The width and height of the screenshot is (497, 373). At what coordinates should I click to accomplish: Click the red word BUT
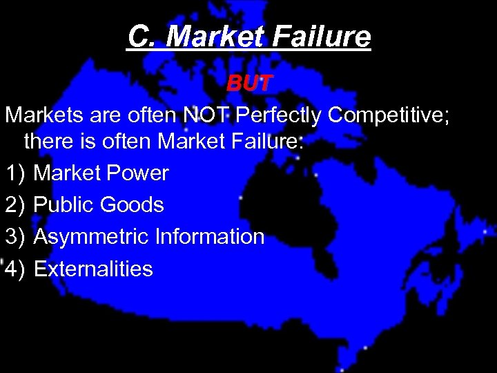tap(251, 84)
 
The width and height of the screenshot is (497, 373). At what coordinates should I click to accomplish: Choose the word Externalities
tap(93, 268)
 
